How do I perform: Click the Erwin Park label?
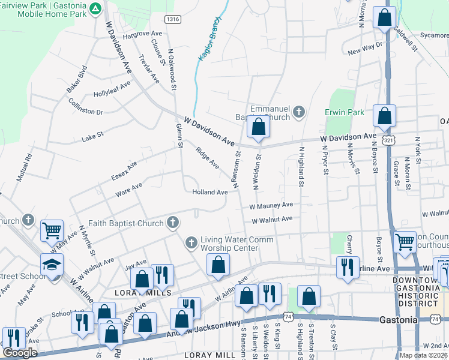point(345,112)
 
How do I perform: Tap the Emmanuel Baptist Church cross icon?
point(299,111)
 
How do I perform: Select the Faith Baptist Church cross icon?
point(172,223)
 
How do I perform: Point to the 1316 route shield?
point(173,20)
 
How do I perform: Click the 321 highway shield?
point(390,139)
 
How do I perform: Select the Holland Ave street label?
point(210,193)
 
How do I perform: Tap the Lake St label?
point(92,137)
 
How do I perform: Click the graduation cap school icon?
point(52,264)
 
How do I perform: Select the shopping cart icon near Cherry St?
point(405,242)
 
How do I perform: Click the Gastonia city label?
point(399,320)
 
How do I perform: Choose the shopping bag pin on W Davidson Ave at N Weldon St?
point(258,127)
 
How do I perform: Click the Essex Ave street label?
point(124,170)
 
